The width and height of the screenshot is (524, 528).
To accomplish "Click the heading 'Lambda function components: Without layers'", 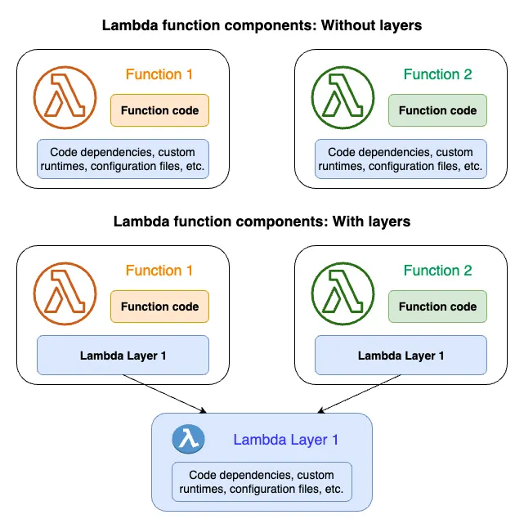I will tap(262, 25).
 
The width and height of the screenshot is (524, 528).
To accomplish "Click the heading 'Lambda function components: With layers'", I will tap(262, 221).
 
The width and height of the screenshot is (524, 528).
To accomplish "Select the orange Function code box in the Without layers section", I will tap(160, 110).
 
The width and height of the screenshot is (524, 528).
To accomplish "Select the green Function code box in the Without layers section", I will tap(437, 110).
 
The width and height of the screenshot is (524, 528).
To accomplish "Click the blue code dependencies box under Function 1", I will tap(123, 159).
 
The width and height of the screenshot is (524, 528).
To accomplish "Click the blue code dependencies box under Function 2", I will tap(401, 159).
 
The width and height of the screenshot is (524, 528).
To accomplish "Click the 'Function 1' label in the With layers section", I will tap(159, 271).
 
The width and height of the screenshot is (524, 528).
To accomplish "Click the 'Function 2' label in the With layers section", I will tap(437, 271).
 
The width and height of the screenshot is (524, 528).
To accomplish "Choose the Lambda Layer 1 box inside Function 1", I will tap(123, 356).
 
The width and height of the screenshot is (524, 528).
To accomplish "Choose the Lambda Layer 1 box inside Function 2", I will tap(401, 356).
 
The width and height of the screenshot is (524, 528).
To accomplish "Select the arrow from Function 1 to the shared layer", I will tap(163, 395).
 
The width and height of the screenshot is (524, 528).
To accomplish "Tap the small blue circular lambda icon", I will tap(187, 440).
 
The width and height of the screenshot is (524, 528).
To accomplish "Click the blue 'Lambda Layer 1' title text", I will tap(285, 440).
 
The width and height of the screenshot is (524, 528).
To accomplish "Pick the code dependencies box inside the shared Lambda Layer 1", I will tap(262, 482).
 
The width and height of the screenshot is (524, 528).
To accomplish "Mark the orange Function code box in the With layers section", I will tap(160, 307).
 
